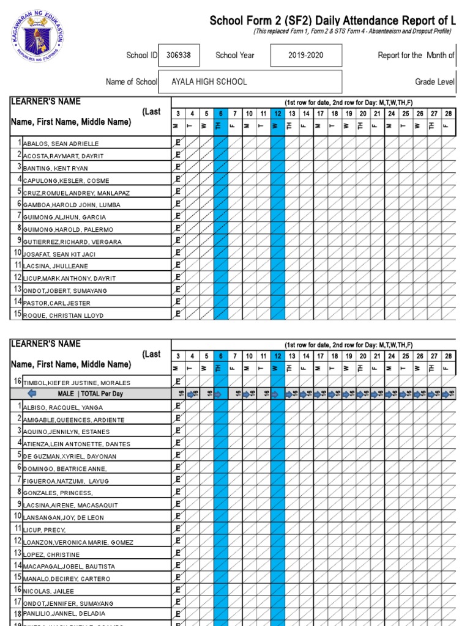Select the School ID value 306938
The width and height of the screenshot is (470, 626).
click(x=179, y=55)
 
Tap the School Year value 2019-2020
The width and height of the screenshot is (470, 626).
click(x=306, y=55)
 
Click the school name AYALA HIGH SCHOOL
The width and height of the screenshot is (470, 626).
click(x=209, y=82)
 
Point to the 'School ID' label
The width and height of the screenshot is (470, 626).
click(x=141, y=55)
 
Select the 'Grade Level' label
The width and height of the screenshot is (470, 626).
click(x=434, y=82)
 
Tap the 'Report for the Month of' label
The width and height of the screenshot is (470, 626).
click(x=416, y=55)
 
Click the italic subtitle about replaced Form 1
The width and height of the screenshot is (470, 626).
click(x=353, y=31)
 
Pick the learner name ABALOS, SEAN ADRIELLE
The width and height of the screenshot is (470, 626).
click(x=61, y=144)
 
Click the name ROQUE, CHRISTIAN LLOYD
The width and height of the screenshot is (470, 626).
click(x=63, y=315)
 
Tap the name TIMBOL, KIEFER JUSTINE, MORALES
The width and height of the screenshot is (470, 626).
click(x=76, y=383)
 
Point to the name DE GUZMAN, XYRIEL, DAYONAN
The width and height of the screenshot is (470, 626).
click(x=69, y=456)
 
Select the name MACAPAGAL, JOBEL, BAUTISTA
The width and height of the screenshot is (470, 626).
click(x=69, y=567)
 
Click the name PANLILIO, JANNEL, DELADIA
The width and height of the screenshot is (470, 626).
click(x=64, y=613)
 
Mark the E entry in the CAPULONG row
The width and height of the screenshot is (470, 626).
click(x=177, y=180)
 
